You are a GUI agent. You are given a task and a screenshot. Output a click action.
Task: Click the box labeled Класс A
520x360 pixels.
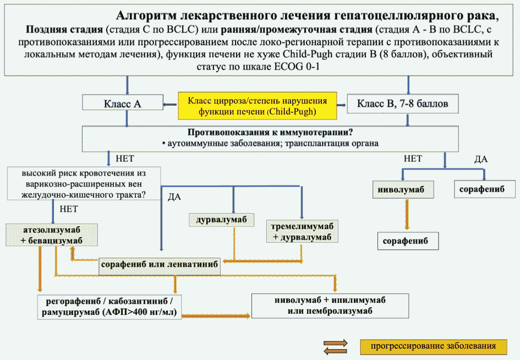pyautogui.click(x=121, y=103)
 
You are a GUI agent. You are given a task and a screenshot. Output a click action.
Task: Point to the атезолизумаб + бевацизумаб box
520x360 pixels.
pyautogui.click(x=52, y=234)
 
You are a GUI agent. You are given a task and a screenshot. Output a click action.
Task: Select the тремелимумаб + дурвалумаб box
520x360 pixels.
pyautogui.click(x=302, y=232)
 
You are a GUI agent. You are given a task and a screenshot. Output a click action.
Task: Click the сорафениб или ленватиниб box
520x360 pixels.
pyautogui.click(x=160, y=264)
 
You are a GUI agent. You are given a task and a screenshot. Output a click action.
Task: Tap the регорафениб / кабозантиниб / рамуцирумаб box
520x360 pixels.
pyautogui.click(x=109, y=307)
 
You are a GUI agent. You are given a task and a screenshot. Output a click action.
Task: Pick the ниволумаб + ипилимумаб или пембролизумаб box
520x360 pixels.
pyautogui.click(x=330, y=306)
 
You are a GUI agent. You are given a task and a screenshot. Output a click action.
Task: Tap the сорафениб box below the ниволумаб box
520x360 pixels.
pyautogui.click(x=406, y=241)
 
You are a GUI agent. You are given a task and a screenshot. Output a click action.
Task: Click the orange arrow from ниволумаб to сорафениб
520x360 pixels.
pyautogui.click(x=407, y=215)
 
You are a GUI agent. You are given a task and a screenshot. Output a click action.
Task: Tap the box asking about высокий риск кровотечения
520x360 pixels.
pyautogui.click(x=84, y=182)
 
